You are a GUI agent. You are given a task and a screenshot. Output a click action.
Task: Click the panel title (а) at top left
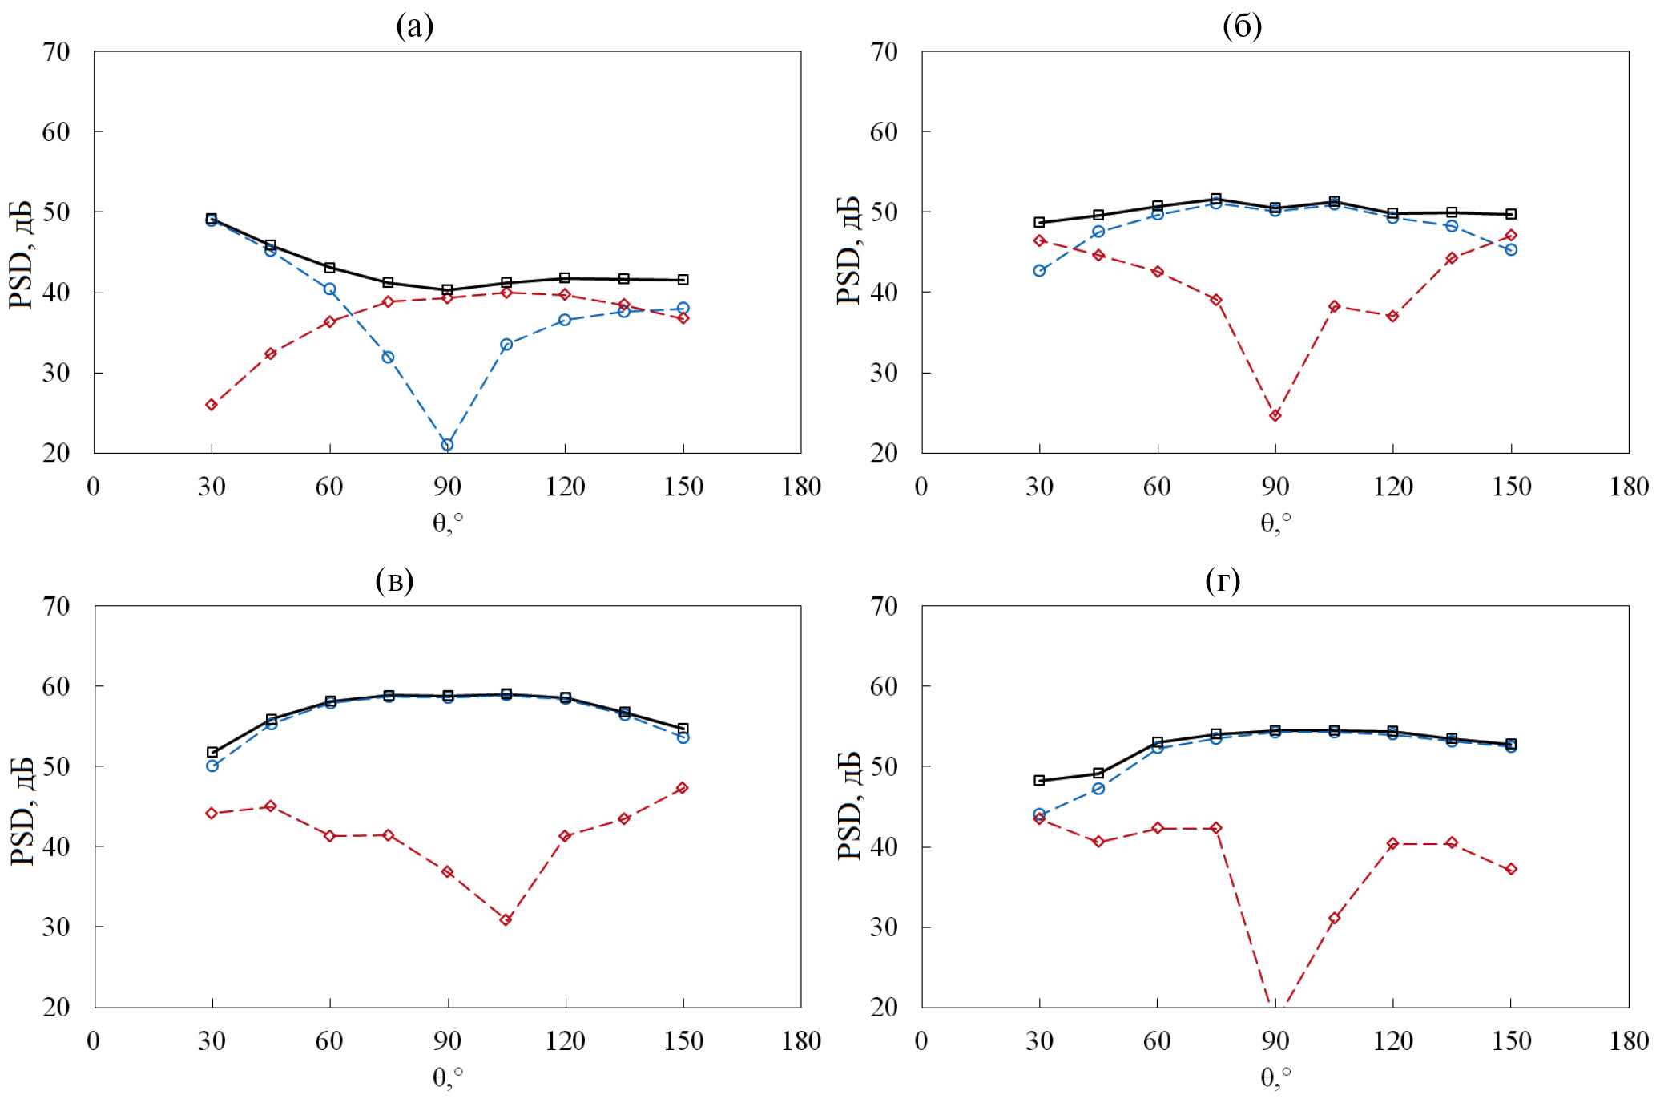coord(414,27)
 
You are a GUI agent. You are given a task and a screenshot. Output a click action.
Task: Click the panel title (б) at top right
coord(1242,27)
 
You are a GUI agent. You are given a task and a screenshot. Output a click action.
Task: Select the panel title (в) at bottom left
coord(394,581)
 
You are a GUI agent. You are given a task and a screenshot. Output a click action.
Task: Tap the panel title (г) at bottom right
coord(1223,581)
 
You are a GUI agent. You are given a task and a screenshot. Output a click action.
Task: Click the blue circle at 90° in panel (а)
coord(447,445)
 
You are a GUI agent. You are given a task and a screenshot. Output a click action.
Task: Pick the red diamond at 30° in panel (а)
coord(212,405)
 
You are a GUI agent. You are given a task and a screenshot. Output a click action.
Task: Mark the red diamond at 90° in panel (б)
coord(1275,415)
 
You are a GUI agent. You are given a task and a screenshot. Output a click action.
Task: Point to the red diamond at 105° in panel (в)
coord(506,919)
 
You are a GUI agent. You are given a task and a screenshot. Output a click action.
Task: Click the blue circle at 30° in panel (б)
coord(1039,271)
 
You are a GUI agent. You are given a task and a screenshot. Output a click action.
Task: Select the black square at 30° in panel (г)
coord(1039,780)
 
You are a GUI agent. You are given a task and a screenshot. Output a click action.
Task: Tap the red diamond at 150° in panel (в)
coord(683,788)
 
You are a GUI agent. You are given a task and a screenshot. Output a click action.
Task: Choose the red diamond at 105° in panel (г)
coord(1334,918)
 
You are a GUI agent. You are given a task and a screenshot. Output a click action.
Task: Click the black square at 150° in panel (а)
coord(683,280)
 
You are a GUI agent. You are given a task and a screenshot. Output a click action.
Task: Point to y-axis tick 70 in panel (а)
coord(56,52)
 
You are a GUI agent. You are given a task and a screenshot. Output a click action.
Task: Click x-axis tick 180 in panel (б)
coord(1629,487)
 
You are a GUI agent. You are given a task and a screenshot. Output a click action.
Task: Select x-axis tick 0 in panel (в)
coord(94,1041)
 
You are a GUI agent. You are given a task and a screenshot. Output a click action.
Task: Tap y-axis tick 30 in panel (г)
coord(884,927)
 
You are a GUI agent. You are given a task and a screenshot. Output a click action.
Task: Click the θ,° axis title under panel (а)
coord(448,523)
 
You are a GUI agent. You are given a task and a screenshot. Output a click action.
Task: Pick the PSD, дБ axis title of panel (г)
coord(849,806)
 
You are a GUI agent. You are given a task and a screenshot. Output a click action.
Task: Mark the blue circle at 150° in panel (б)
coord(1511,249)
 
